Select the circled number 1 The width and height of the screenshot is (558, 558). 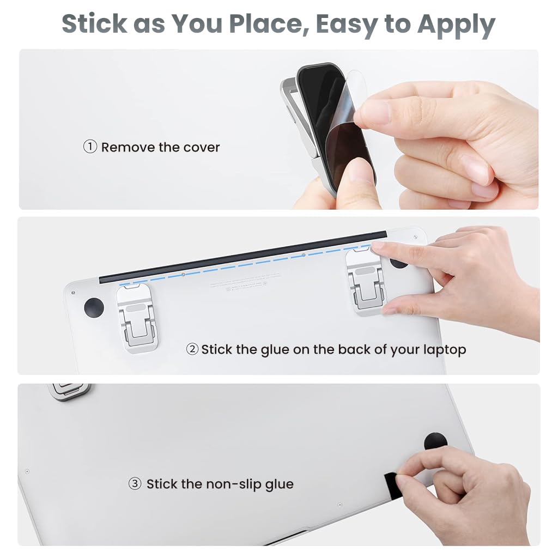[x=90, y=147]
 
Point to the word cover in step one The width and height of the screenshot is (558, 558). [x=202, y=147]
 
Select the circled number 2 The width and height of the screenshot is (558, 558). [x=192, y=349]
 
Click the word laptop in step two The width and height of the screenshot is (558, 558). [x=442, y=349]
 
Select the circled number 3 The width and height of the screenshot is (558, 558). [x=135, y=483]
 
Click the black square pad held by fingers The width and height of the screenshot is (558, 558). [x=391, y=481]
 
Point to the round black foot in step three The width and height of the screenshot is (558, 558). [x=435, y=440]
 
